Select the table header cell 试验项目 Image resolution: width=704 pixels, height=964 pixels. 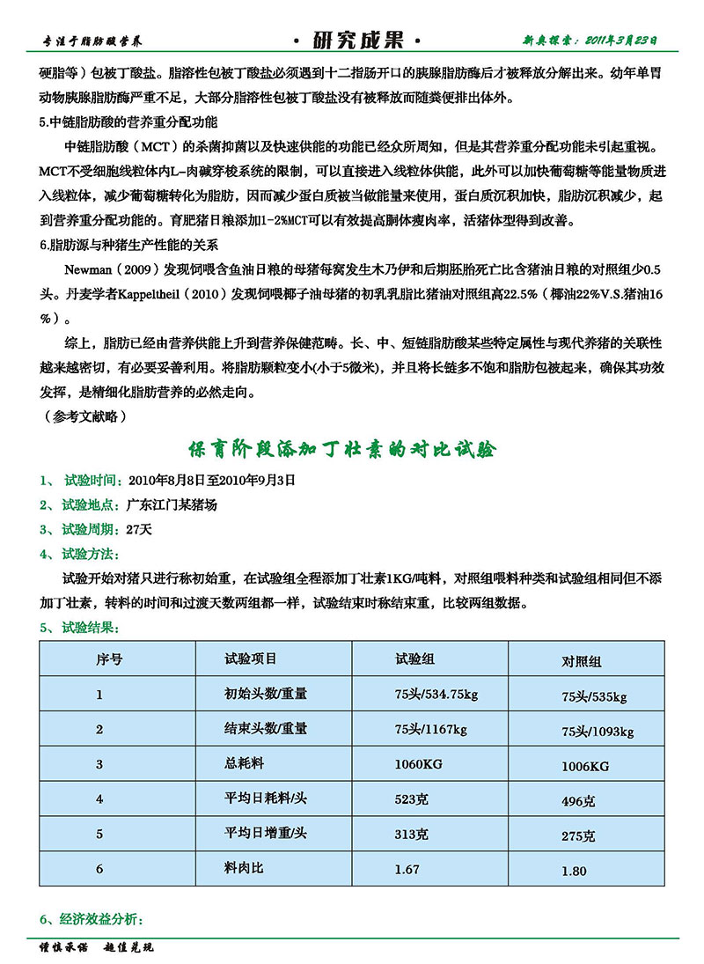pyautogui.click(x=251, y=659)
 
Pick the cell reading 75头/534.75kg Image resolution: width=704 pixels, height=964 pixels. pyautogui.click(x=436, y=695)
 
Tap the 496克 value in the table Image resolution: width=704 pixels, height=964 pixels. pyautogui.click(x=578, y=802)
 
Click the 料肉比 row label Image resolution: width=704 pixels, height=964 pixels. pyautogui.click(x=244, y=868)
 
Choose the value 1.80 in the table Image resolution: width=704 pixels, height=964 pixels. pyautogui.click(x=574, y=872)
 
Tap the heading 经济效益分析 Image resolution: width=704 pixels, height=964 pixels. pyautogui.click(x=101, y=921)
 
